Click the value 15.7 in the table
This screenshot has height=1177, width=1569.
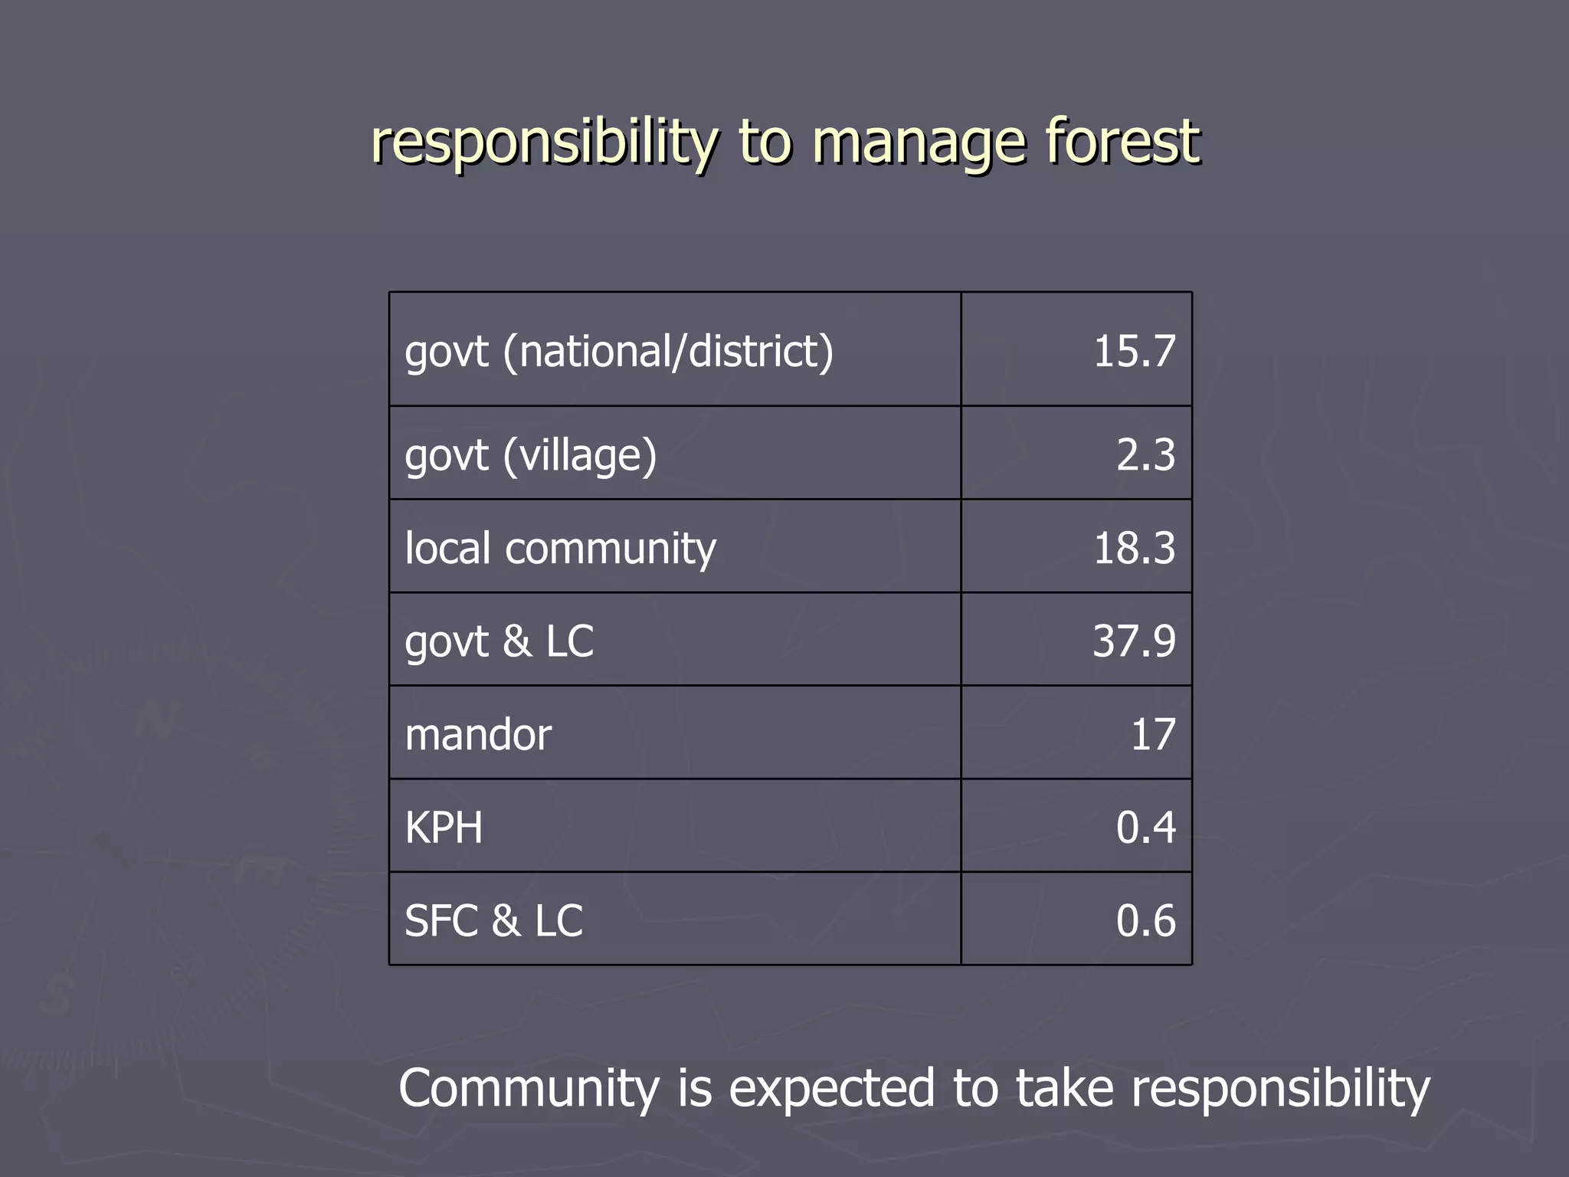1134,352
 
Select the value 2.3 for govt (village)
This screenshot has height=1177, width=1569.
1145,454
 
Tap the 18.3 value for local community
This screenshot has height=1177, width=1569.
1134,549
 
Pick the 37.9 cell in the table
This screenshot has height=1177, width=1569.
1134,641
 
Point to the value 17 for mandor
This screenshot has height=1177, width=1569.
1153,735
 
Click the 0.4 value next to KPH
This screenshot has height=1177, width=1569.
1145,828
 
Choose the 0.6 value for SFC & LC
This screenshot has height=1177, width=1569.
1145,921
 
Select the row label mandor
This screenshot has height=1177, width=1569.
477,735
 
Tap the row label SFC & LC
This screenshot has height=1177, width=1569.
493,921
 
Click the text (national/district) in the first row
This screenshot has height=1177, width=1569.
668,352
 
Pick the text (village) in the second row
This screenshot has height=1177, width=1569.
580,455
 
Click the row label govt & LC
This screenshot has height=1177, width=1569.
499,641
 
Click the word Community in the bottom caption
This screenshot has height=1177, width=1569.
528,1088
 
